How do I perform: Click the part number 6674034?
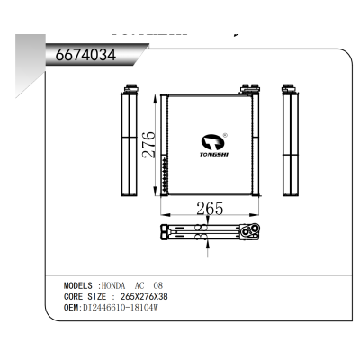coord(85,55)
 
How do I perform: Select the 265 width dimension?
coord(209,209)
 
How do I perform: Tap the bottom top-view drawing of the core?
coord(209,232)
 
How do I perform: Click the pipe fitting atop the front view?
coord(247,88)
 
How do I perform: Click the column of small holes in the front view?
coord(166,172)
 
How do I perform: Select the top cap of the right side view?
coord(291,88)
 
